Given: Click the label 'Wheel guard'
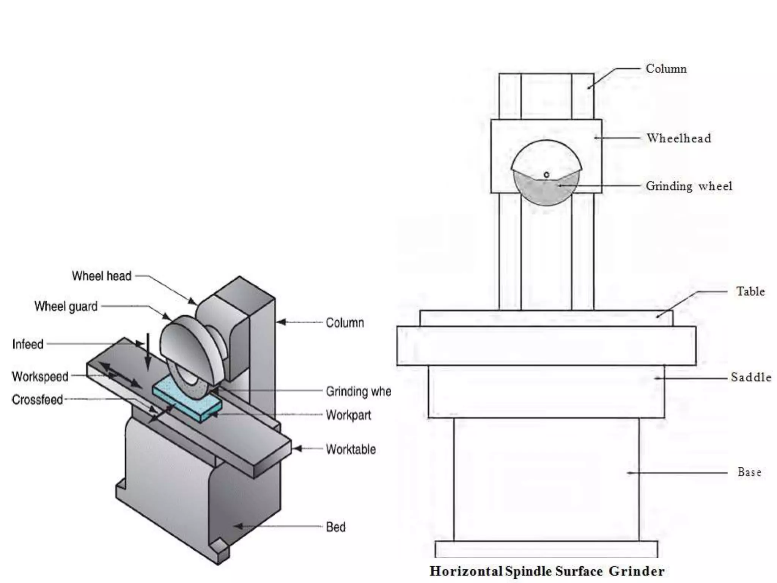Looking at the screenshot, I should [x=66, y=306].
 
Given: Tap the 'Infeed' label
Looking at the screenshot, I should [x=28, y=344].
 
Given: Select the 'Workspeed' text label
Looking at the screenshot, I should [x=40, y=377].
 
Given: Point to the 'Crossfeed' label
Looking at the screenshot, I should [x=37, y=400].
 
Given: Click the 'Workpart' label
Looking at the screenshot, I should [x=348, y=415].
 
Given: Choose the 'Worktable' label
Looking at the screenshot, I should [x=351, y=449].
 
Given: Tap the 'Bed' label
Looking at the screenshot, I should [x=336, y=527].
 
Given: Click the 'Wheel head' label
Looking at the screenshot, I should [x=102, y=276].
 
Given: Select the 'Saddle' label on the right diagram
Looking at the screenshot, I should [x=751, y=377].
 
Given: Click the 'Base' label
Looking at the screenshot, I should [x=749, y=472].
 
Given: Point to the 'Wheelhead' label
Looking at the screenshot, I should [x=679, y=138].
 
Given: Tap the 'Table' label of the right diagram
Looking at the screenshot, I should [x=750, y=291].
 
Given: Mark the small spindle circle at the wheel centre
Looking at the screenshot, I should [x=546, y=175].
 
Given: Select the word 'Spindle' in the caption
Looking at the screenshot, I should [x=528, y=571].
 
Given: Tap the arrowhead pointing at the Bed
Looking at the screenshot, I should [x=238, y=526].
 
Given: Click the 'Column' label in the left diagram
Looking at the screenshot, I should [x=345, y=323].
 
